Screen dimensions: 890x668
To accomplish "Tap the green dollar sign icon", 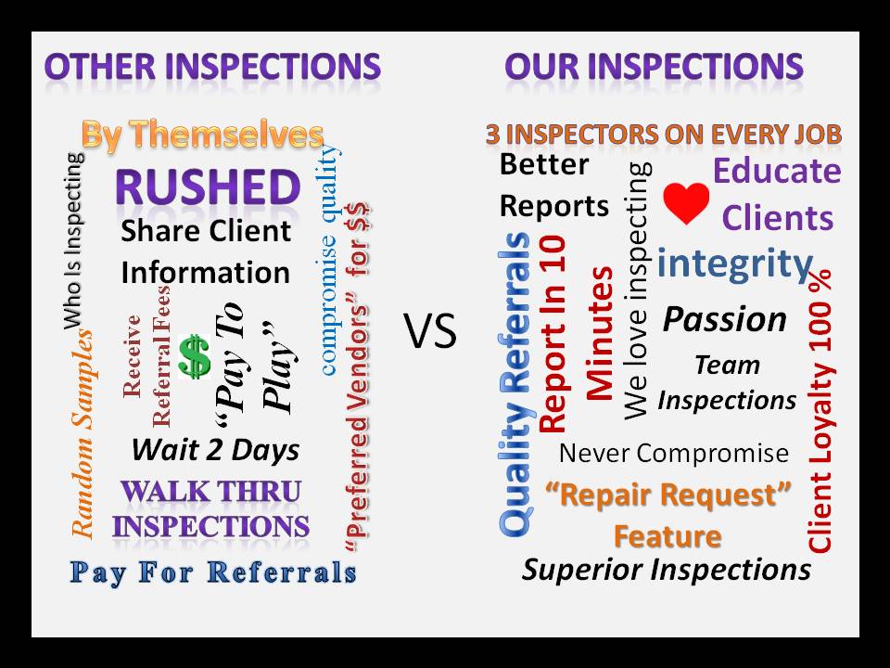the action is [x=195, y=356].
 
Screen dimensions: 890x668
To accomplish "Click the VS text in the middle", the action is [x=431, y=331].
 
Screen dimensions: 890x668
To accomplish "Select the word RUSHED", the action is [x=208, y=187].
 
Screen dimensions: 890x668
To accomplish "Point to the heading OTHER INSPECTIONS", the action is [x=212, y=67].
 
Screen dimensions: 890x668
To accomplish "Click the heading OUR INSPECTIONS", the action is [x=654, y=67].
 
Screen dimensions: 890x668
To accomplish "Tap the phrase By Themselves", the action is [x=203, y=135].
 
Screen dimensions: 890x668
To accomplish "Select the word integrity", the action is [x=735, y=264].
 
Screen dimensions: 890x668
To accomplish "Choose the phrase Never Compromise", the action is [x=674, y=454].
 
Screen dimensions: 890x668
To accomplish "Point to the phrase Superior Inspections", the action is [x=667, y=570].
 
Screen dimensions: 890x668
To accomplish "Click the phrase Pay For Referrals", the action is [x=213, y=572].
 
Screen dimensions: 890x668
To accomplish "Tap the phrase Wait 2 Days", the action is [x=216, y=450].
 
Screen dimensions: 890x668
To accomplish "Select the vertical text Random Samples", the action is [x=83, y=433].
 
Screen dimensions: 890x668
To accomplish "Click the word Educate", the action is [x=777, y=171].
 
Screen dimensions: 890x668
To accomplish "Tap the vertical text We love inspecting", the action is [x=637, y=290].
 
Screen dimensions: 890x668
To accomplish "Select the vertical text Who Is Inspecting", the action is [x=74, y=240].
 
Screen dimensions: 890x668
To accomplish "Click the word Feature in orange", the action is [x=667, y=536].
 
